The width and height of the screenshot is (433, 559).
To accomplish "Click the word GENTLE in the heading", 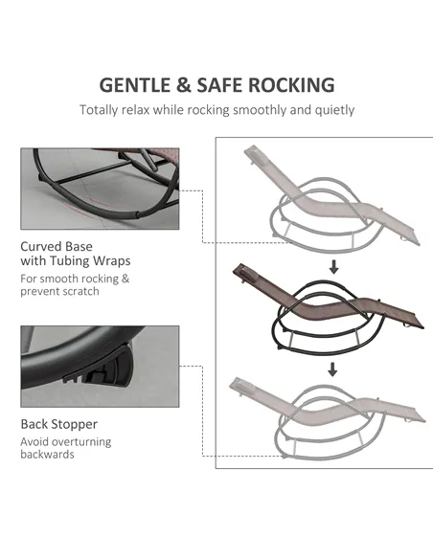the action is point(135,85).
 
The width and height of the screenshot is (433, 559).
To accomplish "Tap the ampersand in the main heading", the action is point(183,85).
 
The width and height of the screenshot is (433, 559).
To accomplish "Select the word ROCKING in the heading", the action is point(291,85).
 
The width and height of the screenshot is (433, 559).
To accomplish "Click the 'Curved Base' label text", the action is point(57,246).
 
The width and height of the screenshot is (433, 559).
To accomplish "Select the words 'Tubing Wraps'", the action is point(90,261).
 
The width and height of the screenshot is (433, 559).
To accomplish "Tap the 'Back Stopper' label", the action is point(58,424).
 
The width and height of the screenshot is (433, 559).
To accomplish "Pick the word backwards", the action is point(47,455).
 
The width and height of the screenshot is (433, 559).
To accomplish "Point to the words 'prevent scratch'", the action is point(59,291).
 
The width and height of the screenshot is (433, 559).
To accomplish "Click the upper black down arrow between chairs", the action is point(333,267).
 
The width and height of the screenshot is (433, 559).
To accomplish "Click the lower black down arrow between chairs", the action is point(332,369).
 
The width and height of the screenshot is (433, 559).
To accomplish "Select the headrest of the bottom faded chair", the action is point(239,385).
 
